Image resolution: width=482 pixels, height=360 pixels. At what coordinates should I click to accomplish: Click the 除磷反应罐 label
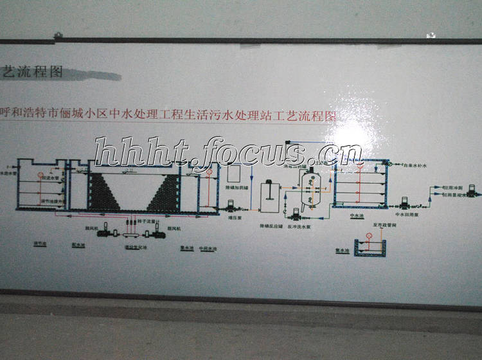click(271, 226)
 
